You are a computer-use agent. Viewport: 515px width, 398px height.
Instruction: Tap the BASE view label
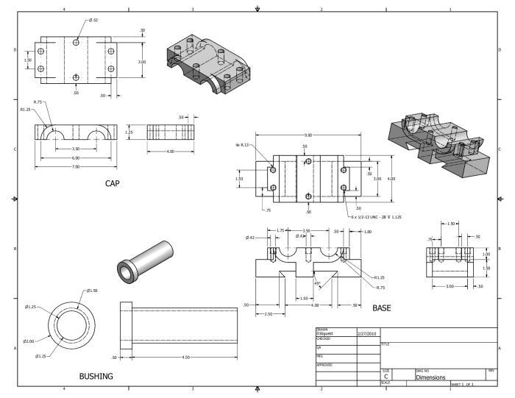click(x=383, y=308)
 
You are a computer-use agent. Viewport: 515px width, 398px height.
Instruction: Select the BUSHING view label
click(x=96, y=376)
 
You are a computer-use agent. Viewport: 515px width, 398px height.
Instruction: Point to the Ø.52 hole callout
click(x=93, y=20)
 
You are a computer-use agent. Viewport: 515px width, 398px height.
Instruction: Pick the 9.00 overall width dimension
click(x=308, y=135)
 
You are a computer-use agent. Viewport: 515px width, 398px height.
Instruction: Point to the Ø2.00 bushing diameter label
click(x=29, y=341)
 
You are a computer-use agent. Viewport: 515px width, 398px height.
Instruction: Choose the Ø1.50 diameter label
click(x=92, y=292)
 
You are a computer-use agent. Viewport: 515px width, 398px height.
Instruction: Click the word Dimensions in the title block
click(x=430, y=377)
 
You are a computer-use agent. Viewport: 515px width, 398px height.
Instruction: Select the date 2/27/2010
click(x=366, y=333)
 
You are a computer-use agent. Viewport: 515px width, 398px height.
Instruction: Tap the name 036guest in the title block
click(x=325, y=333)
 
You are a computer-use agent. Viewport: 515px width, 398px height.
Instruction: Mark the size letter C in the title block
click(x=386, y=376)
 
